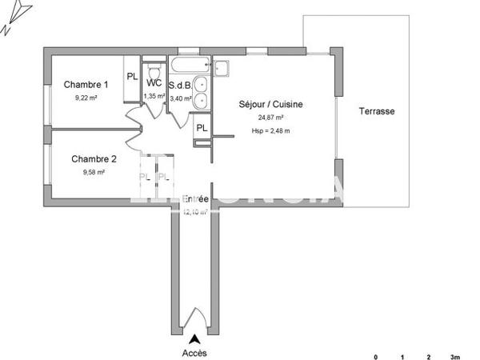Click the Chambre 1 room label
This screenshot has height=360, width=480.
point(86,85)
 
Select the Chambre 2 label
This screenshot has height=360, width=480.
point(94,158)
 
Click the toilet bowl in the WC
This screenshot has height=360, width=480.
point(154,67)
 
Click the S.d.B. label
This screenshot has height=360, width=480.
point(179,82)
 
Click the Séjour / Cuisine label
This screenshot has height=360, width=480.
point(270,104)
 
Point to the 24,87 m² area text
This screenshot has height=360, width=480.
point(270,118)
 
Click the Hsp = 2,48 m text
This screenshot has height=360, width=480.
point(270,130)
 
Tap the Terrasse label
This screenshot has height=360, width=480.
point(376,112)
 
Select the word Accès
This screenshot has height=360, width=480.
point(194,352)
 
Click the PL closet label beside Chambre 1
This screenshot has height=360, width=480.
point(132,78)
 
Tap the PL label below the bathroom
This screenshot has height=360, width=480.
point(202,128)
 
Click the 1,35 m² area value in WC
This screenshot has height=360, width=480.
point(154,96)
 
